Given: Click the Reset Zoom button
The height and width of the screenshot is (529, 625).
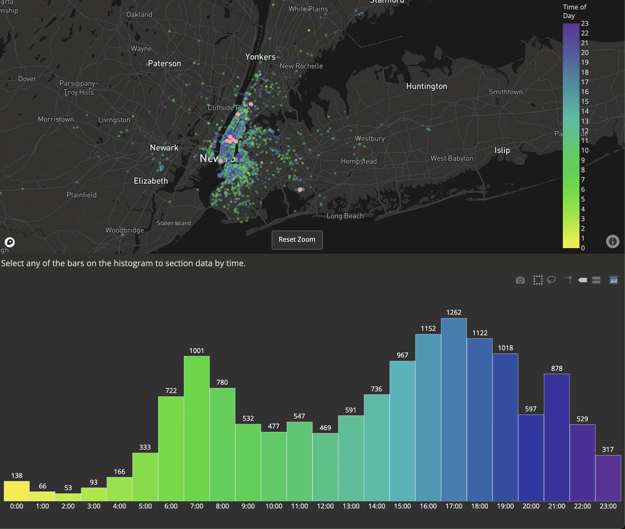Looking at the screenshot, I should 297,240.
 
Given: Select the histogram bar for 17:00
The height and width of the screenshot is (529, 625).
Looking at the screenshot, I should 454,409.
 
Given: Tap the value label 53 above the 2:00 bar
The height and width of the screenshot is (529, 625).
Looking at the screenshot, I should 68,488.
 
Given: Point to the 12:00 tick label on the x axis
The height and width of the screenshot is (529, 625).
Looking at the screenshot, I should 325,506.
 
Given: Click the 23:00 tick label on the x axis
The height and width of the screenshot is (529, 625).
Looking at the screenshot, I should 608,506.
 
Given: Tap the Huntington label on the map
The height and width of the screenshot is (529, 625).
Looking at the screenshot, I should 427,86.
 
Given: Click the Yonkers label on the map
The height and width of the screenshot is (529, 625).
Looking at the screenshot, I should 260,57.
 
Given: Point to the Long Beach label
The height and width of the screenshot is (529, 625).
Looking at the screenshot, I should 345,216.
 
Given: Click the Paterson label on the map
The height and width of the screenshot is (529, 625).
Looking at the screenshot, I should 164,64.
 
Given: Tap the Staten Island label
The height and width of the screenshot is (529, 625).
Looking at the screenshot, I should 174,223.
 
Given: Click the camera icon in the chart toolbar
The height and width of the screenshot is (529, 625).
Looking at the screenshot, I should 520,280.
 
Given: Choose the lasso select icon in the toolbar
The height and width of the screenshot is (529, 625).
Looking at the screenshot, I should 551,280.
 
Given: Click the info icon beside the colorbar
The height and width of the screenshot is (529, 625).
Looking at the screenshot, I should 613,241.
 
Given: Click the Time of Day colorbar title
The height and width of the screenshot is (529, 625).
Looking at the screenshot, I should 574,11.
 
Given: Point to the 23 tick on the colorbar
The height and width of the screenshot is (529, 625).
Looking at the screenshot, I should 584,23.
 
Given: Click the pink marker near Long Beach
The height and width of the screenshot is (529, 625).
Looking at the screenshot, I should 300,190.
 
